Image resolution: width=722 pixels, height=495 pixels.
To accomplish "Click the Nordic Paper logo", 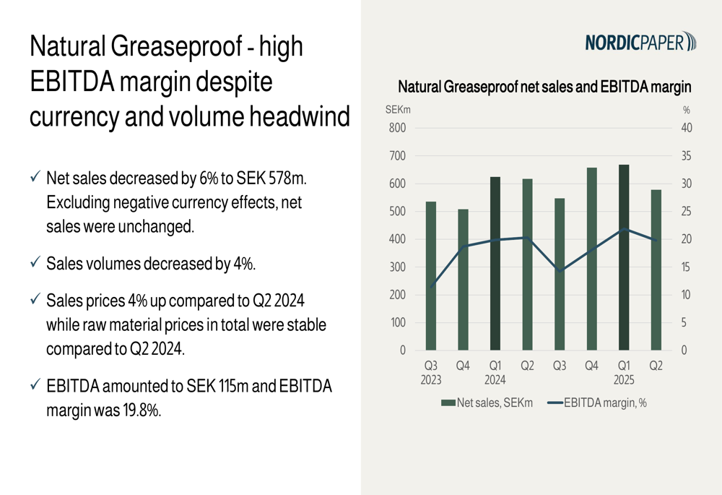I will (640, 43).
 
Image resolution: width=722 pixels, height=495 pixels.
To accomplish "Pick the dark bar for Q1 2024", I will (495, 264).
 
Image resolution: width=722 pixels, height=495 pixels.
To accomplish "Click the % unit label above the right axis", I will (686, 111).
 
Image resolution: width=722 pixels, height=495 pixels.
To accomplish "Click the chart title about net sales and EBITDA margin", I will (544, 87).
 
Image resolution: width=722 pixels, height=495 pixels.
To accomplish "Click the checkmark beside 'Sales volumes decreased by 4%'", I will (35, 263).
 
